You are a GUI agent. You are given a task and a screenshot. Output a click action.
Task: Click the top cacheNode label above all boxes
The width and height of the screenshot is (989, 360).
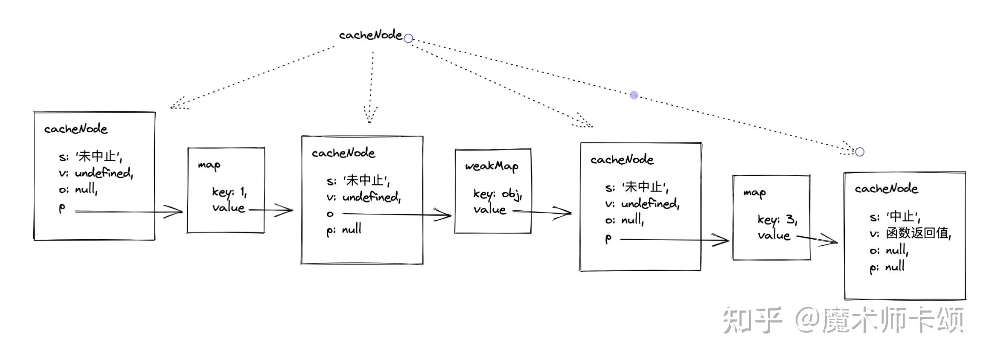click(370, 35)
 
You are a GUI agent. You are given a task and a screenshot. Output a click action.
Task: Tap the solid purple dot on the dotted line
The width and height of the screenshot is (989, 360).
click(634, 95)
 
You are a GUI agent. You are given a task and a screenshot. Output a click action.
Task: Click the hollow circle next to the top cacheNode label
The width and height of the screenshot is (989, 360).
click(408, 38)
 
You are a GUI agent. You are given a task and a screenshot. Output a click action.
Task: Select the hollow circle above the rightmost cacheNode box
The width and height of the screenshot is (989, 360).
click(860, 152)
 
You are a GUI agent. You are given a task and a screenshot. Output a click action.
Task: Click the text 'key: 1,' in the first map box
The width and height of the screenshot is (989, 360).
click(229, 192)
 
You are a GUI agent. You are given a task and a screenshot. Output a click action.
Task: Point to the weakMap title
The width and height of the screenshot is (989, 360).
click(492, 166)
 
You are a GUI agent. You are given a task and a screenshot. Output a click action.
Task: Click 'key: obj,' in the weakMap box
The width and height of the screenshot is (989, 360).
click(497, 194)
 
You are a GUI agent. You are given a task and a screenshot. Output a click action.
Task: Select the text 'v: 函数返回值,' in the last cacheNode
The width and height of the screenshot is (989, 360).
click(910, 233)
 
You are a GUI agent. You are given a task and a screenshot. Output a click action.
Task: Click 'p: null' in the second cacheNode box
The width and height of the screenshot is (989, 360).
click(344, 230)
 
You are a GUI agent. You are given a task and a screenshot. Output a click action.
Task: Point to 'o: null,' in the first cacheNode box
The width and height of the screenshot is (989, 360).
click(78, 189)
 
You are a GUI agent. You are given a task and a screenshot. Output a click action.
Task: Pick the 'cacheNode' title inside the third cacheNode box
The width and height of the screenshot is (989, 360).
click(622, 160)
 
